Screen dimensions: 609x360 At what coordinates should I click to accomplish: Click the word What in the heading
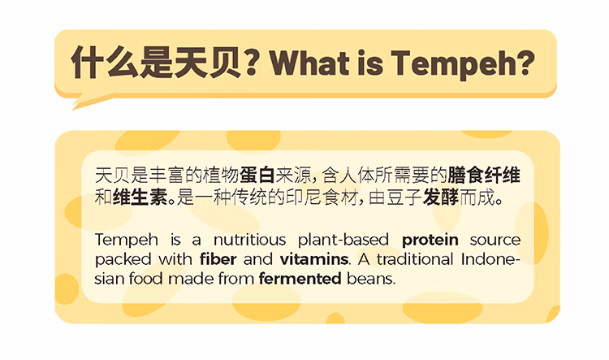click(x=310, y=63)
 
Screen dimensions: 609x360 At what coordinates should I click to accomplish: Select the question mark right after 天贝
click(x=252, y=63)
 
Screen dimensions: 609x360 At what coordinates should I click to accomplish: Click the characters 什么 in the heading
click(x=105, y=63)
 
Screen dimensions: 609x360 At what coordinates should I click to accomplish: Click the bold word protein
click(x=430, y=241)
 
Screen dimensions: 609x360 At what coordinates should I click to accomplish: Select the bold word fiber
click(x=218, y=259)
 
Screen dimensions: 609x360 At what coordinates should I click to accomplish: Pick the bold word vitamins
click(x=313, y=259)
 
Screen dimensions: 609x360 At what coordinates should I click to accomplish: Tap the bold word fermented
click(x=300, y=279)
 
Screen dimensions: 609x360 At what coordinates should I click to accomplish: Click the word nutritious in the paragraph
click(x=250, y=240)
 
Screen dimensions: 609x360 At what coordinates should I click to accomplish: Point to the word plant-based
click(x=343, y=241)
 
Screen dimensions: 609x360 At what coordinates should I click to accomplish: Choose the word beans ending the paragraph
click(x=370, y=279)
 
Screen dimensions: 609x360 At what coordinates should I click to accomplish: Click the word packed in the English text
click(x=123, y=260)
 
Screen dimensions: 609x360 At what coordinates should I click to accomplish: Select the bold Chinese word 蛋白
click(x=257, y=176)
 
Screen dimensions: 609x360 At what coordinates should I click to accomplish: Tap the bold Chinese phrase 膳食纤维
click(x=484, y=176)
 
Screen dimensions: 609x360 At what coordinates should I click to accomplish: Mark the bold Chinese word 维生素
click(x=140, y=197)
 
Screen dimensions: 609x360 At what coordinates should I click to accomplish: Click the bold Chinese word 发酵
click(x=440, y=197)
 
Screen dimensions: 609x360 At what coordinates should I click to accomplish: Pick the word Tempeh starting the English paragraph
click(x=126, y=241)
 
